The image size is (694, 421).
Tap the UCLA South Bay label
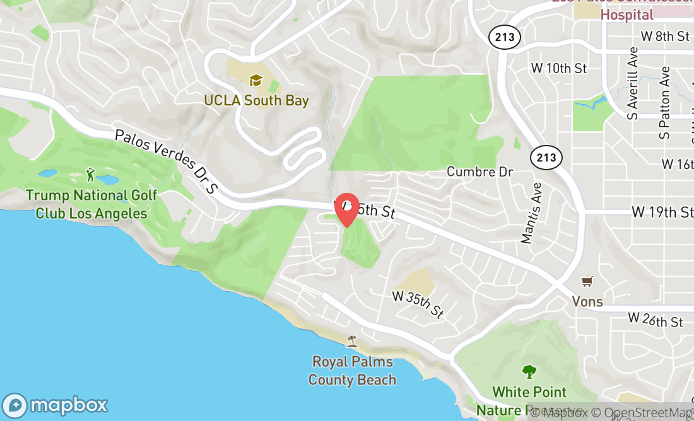256,100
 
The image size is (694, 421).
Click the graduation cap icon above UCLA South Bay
256,81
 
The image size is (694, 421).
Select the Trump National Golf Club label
91,204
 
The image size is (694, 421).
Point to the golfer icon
91,174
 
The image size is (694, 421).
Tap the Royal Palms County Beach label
353,371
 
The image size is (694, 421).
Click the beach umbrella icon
352,341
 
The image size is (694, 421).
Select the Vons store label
587,301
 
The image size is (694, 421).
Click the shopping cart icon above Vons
587,281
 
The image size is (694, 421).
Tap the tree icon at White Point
529,371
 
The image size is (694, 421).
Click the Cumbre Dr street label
479,171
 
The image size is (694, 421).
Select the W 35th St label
418,304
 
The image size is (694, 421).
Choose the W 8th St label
665,37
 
